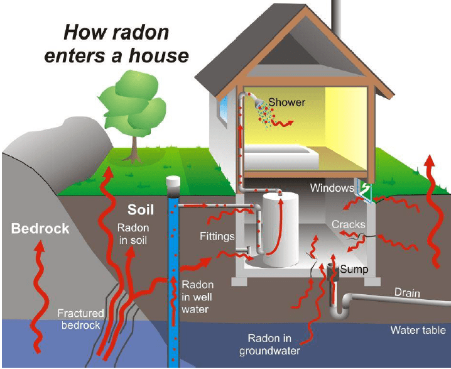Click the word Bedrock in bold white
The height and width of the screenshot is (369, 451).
[x=40, y=228]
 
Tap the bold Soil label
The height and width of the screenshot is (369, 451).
[x=141, y=210]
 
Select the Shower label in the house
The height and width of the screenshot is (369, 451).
[x=287, y=102]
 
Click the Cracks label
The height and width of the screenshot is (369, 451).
[x=348, y=224]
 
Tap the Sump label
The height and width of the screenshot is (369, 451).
[x=354, y=269]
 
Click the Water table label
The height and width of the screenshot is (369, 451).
[x=418, y=330]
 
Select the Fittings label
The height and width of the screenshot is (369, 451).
[x=217, y=237]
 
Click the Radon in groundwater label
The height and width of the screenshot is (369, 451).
[x=269, y=344]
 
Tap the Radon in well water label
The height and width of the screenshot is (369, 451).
[x=197, y=297]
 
